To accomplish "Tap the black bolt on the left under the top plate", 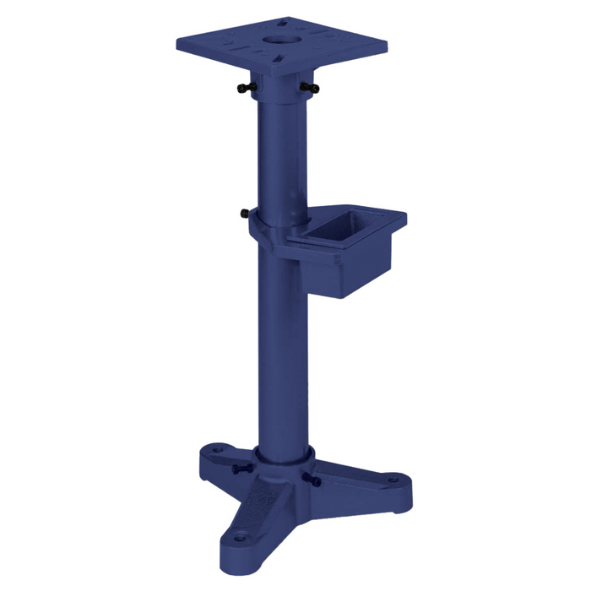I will click(245, 88).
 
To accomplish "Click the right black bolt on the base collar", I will click(316, 482).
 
